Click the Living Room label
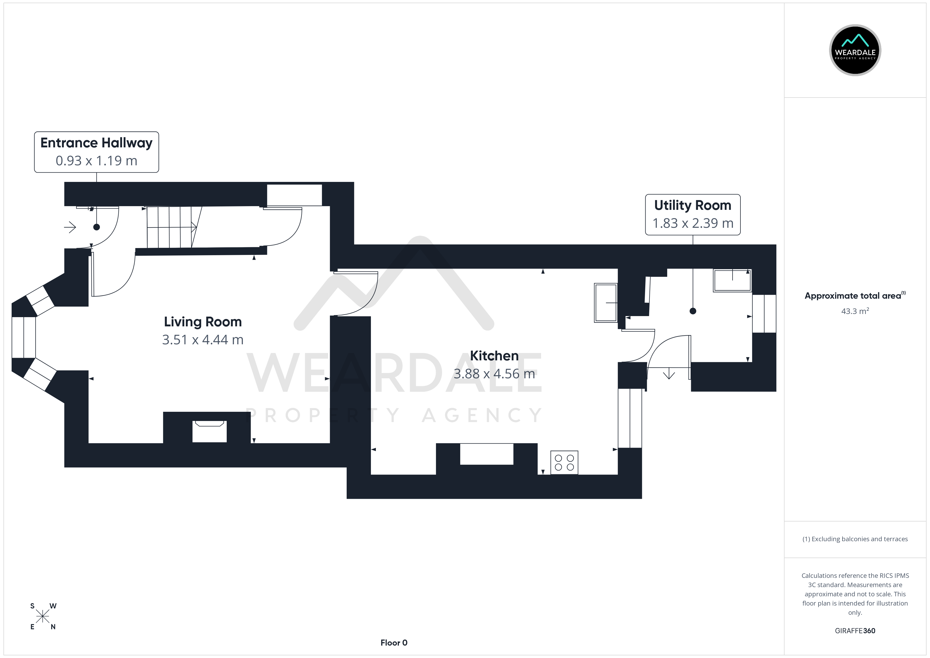tap(202, 322)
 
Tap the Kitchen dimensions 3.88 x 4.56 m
tap(494, 374)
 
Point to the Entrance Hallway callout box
tap(96, 152)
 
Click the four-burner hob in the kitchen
tap(564, 462)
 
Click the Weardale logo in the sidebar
tap(855, 50)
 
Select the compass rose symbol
tap(42, 617)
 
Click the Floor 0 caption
tap(394, 643)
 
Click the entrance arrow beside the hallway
tap(70, 227)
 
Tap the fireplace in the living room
tap(209, 431)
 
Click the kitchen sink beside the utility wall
tap(606, 303)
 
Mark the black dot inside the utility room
tap(693, 311)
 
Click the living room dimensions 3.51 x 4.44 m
tap(202, 340)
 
